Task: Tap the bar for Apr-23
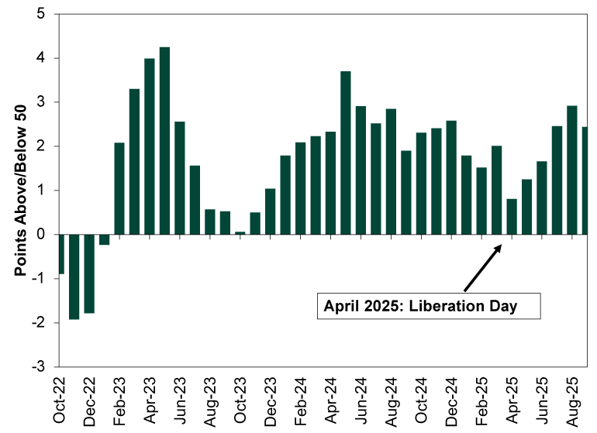[x=150, y=146]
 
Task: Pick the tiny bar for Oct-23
[x=240, y=232]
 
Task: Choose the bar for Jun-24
[x=361, y=170]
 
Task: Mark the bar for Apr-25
[x=512, y=216]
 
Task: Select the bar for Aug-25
[x=573, y=170]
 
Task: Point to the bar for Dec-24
[x=452, y=177]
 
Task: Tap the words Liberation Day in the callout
[x=480, y=305]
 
